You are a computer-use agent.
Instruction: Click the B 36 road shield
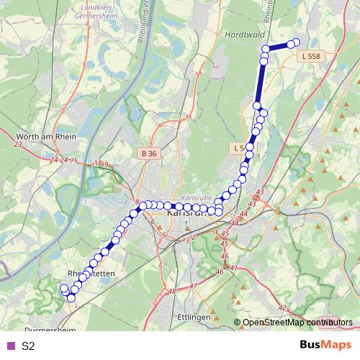[148, 153]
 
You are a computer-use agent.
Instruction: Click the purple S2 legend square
[10, 346]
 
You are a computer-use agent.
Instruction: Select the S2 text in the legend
[28, 346]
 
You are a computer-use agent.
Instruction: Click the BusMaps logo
[325, 346]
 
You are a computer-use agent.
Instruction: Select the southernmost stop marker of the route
[71, 297]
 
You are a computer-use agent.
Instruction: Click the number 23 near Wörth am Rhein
[18, 145]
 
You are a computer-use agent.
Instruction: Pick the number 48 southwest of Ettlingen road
[171, 292]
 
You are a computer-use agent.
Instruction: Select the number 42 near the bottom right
[282, 307]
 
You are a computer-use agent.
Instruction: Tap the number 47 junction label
[192, 286]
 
